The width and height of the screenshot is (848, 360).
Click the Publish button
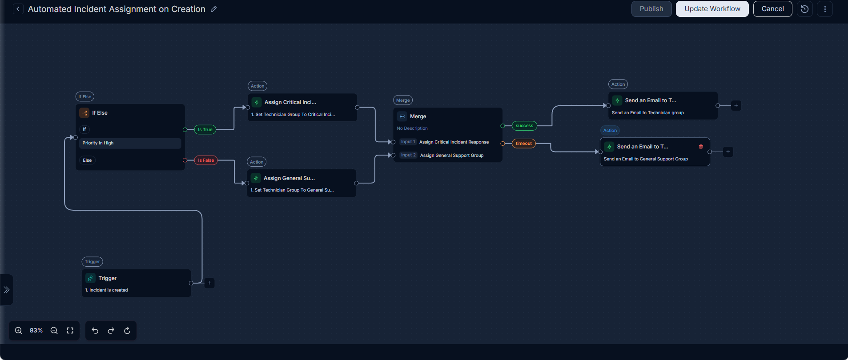click(x=651, y=9)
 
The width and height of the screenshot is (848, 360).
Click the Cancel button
click(x=772, y=9)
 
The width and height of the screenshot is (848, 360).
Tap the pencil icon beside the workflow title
click(x=214, y=9)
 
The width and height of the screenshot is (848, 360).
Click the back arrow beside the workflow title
click(x=18, y=9)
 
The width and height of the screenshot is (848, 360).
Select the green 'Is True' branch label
click(x=205, y=130)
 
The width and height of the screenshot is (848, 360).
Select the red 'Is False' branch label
click(x=206, y=160)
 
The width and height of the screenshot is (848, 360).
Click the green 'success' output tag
click(x=524, y=126)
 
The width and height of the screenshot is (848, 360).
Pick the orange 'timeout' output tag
click(x=524, y=144)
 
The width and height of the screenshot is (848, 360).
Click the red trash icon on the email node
click(x=701, y=147)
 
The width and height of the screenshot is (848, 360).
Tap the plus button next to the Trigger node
click(x=209, y=283)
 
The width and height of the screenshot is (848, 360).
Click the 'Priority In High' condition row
click(x=130, y=143)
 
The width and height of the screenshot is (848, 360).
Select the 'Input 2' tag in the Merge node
click(x=408, y=155)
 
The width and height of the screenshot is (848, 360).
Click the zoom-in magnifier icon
click(x=19, y=331)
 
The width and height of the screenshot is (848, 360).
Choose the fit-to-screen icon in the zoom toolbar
click(x=70, y=331)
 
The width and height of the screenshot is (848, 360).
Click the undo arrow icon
click(x=95, y=331)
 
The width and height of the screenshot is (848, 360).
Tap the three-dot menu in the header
click(x=825, y=9)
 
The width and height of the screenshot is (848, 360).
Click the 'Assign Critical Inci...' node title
click(x=290, y=102)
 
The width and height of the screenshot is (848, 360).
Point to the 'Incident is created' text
click(x=109, y=290)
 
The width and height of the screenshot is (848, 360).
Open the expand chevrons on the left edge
click(x=7, y=290)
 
